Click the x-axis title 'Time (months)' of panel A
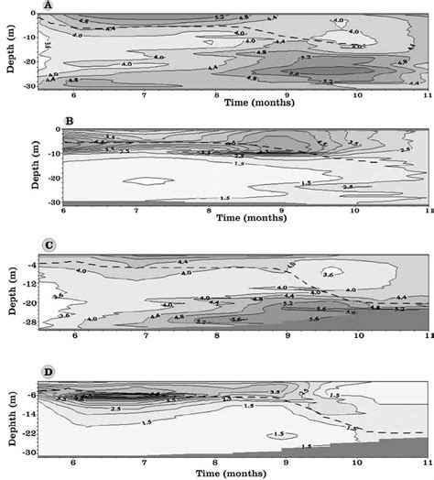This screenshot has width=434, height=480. click(x=259, y=104)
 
